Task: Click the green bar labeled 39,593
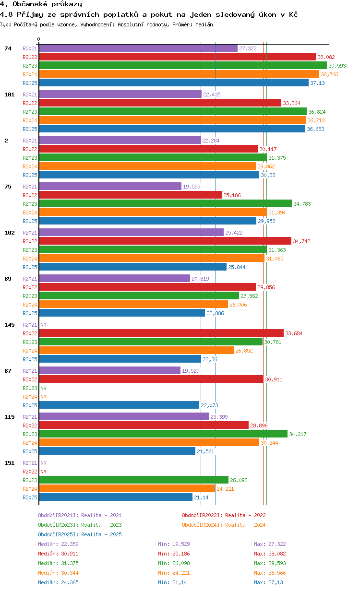[x=183, y=65]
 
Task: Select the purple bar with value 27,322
[x=138, y=48]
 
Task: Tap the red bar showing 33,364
[x=160, y=103]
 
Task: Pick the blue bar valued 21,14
[x=116, y=497]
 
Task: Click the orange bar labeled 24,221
[x=127, y=489]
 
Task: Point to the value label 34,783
[x=302, y=204]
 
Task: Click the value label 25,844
[x=237, y=267]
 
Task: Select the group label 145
[x=10, y=325]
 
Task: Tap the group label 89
[x=8, y=279]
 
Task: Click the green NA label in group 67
[x=43, y=388]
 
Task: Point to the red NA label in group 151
[x=43, y=472]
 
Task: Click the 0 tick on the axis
[x=38, y=39]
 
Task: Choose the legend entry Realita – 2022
[x=224, y=515]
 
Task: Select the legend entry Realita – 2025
[x=80, y=534]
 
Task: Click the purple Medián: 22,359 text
[x=59, y=544]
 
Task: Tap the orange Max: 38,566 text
[x=270, y=573]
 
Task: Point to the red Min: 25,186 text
[x=174, y=554]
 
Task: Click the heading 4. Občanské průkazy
[x=41, y=4]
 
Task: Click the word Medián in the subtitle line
[x=204, y=24]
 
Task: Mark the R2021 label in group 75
[x=30, y=187]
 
